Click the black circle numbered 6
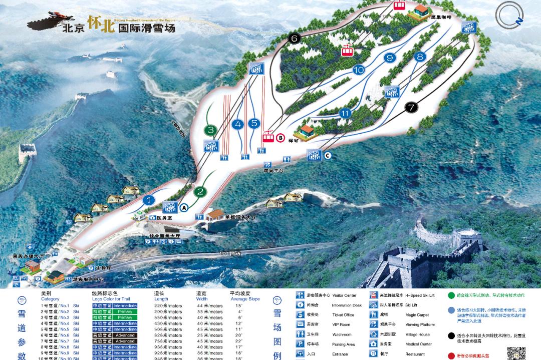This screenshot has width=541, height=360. coord(294,39)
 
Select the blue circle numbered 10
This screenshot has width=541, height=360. coord(358,70)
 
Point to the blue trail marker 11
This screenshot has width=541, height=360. coord(344,113)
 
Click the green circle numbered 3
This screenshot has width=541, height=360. coord(211,131)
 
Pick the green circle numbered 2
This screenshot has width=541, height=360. coord(200,191)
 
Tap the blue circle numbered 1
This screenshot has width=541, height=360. coord(149,200)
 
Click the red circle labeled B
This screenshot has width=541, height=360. coord(281,138)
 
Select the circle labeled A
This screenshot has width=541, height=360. coord(183,207)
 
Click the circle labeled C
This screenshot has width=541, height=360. coord(328,156)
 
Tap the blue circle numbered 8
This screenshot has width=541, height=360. coord(420,57)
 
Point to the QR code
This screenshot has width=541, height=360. coord(516,350)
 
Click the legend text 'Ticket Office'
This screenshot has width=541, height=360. coord(343,315)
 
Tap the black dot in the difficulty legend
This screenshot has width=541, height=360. coord(451,335)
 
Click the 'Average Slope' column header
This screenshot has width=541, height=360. coord(244,299)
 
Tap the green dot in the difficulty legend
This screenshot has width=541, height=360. coord(451,296)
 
